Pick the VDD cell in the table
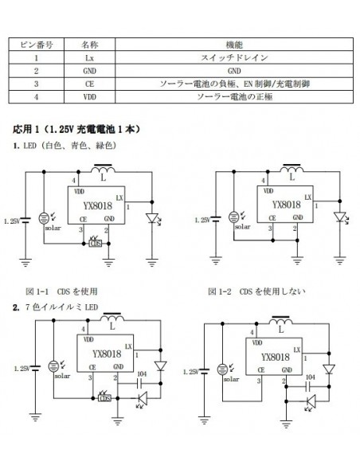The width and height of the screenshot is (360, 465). pos(89,96)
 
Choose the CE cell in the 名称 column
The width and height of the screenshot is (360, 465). pos(89,83)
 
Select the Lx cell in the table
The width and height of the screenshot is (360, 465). pos(89,58)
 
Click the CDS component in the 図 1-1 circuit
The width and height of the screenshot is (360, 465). pos(97,244)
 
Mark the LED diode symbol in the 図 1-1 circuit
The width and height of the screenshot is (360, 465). pos(153,217)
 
